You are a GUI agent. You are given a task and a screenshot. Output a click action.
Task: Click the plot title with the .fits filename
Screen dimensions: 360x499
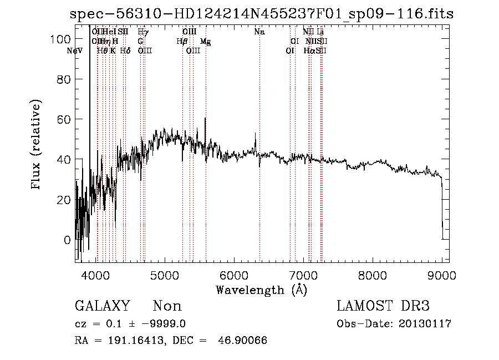point(262,14)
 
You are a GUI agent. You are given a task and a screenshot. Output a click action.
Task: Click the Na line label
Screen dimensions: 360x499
point(259,32)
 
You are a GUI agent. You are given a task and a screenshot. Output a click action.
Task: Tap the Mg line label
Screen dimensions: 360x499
point(205,42)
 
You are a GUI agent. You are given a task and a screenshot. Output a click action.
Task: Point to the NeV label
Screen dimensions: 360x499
point(74,51)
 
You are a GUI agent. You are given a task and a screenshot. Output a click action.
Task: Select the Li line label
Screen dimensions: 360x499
point(320,32)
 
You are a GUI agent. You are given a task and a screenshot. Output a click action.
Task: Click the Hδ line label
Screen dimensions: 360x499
point(125,51)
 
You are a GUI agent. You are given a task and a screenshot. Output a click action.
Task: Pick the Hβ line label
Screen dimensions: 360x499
point(182,42)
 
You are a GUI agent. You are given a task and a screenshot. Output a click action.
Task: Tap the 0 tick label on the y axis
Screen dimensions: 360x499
point(67,240)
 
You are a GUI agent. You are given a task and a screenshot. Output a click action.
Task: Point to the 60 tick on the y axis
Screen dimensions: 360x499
point(64,119)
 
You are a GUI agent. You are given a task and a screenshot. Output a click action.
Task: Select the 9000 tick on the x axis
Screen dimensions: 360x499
point(441,275)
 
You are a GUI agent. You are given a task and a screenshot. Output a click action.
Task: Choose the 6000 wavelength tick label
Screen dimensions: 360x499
point(234,275)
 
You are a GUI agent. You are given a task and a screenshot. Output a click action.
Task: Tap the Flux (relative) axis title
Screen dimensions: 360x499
point(37,145)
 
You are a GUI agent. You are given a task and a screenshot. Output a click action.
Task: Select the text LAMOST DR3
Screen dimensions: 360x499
point(383,306)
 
